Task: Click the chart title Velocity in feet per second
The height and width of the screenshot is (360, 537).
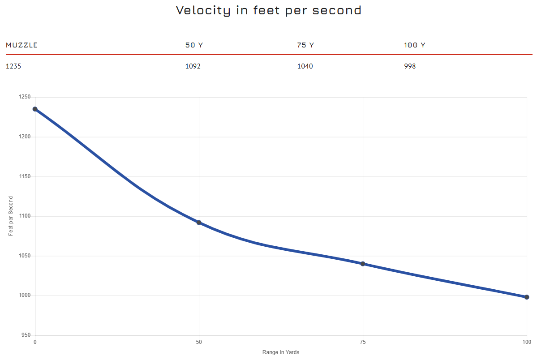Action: click(x=268, y=10)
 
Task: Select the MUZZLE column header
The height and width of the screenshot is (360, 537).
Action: click(x=21, y=45)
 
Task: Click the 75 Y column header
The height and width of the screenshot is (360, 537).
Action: click(x=305, y=45)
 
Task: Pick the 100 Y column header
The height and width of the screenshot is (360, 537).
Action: click(x=414, y=45)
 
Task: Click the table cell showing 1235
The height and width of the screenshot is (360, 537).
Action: click(x=13, y=66)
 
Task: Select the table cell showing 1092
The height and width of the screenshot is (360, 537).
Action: click(x=193, y=66)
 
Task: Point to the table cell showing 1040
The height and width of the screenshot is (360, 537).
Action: click(x=305, y=66)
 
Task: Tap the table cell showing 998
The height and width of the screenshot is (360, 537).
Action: click(x=410, y=66)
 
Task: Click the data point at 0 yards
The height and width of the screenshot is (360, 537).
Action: click(x=35, y=109)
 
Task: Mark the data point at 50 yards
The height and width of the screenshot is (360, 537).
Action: click(x=199, y=223)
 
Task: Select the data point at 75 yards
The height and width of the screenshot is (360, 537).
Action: click(x=363, y=264)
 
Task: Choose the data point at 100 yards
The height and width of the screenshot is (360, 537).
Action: click(x=527, y=297)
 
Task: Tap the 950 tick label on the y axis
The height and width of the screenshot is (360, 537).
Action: click(x=26, y=335)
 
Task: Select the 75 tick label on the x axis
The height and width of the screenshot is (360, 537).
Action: click(x=363, y=343)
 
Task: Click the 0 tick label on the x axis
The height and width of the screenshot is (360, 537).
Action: click(x=35, y=343)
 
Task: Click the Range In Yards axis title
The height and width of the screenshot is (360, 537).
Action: click(x=281, y=352)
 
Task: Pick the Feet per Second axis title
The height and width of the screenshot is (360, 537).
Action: click(x=11, y=216)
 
